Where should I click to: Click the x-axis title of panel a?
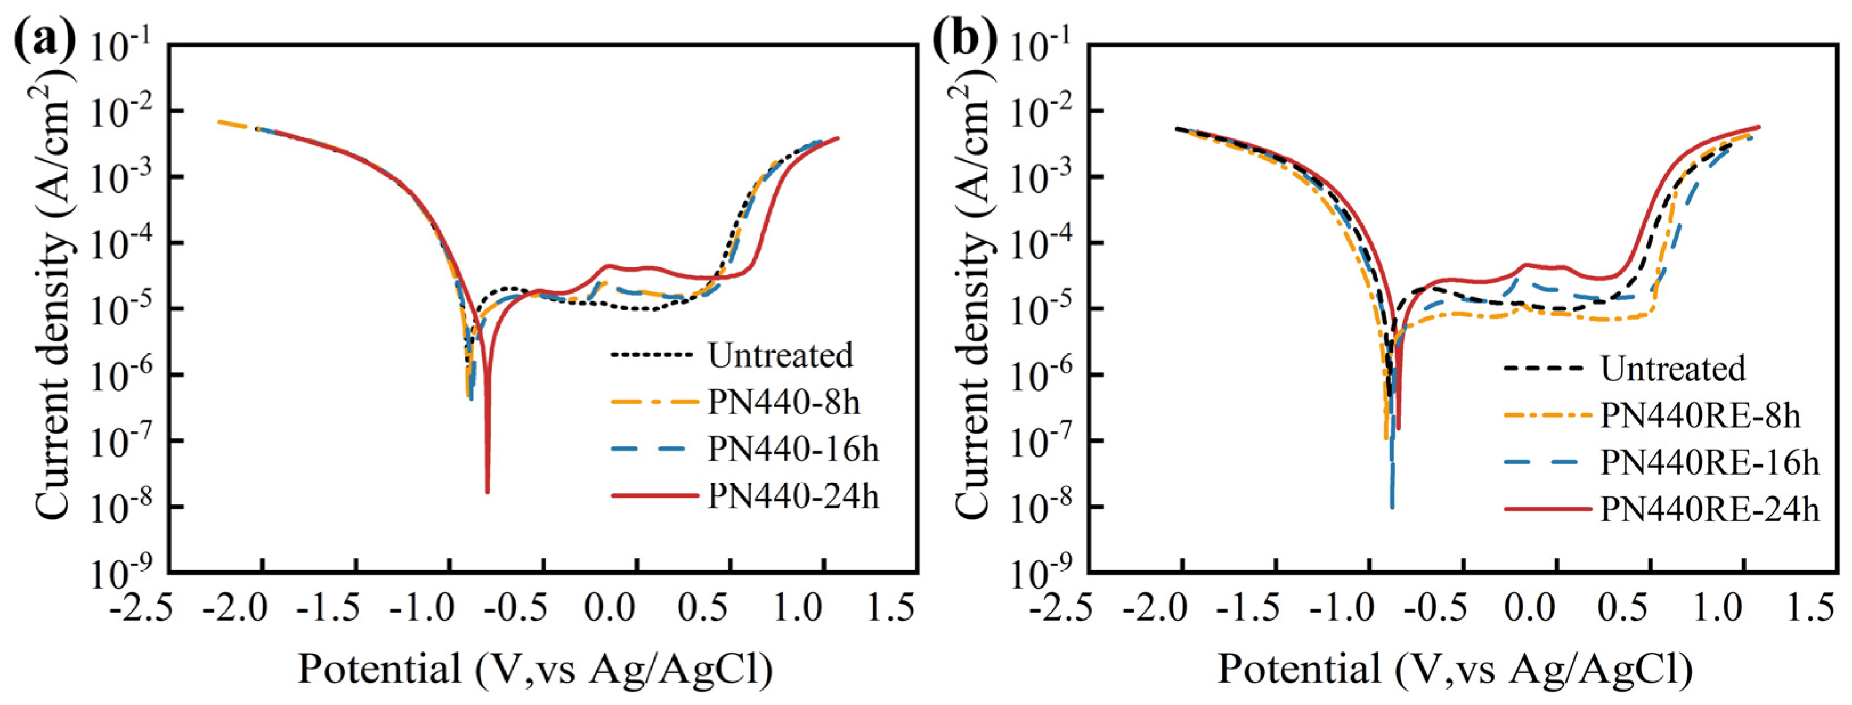536,669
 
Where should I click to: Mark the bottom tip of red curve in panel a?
487,492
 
